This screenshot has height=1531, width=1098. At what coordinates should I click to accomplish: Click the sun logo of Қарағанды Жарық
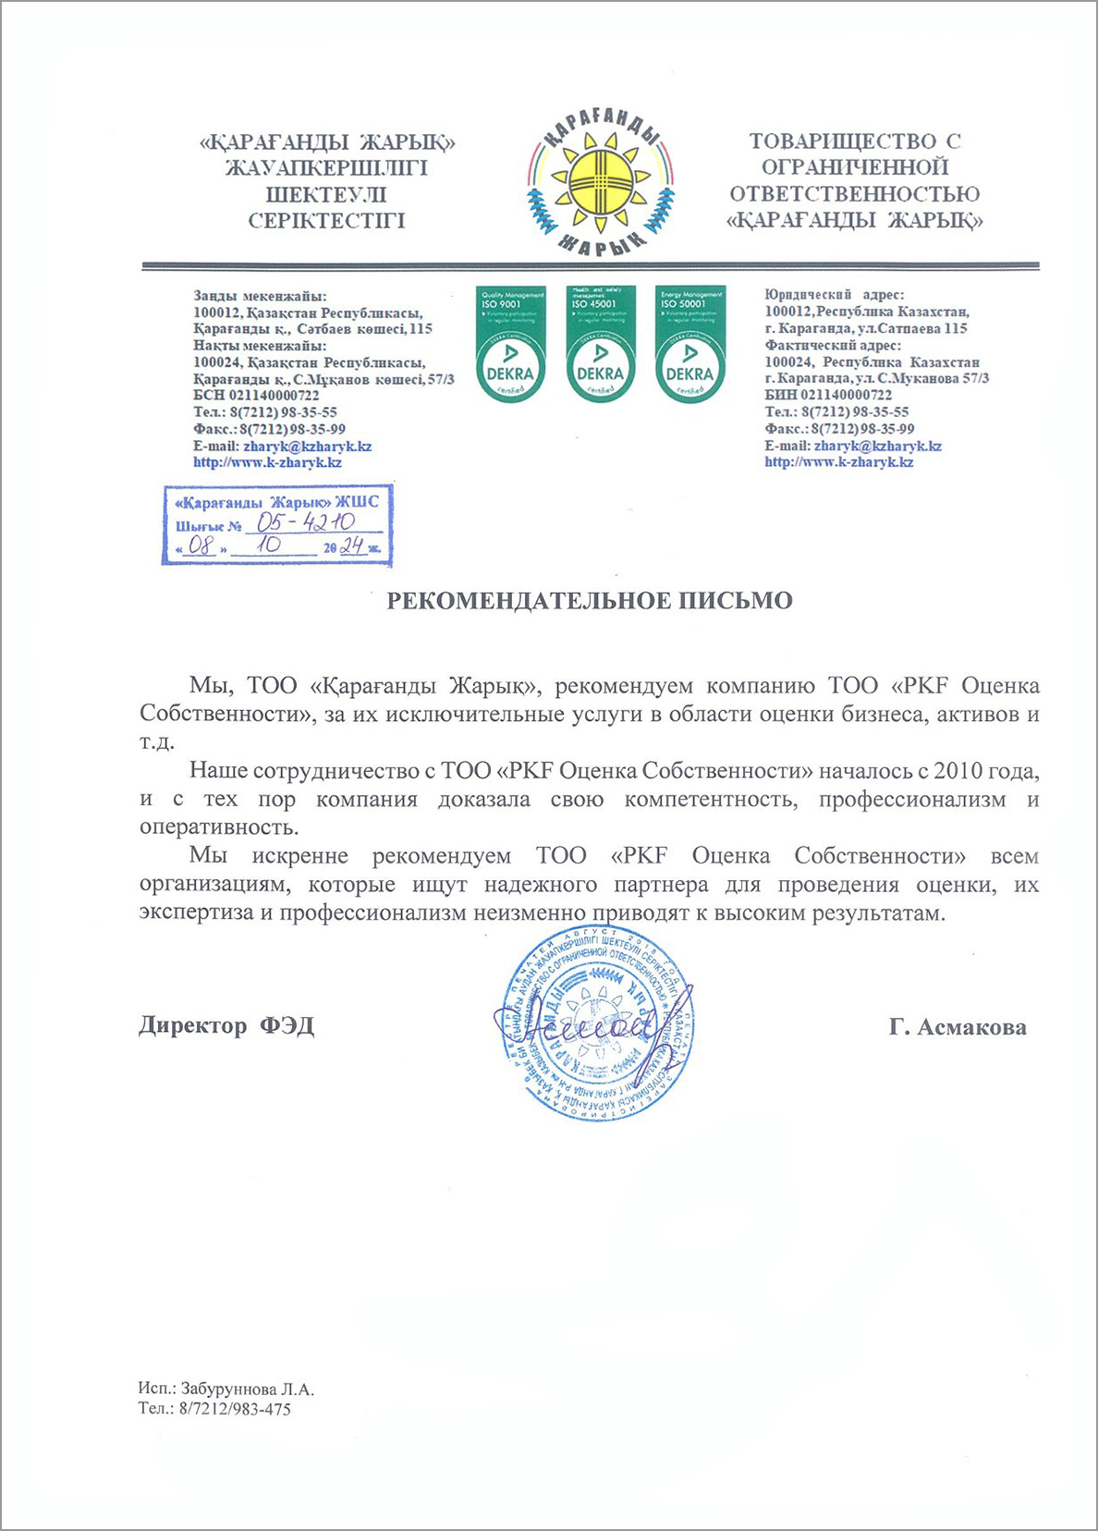600,183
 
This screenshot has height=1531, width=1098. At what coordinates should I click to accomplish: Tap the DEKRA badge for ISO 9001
511,344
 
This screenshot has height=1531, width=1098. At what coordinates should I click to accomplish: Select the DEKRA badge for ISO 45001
600,344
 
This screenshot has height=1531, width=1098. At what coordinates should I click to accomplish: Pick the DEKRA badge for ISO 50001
689,344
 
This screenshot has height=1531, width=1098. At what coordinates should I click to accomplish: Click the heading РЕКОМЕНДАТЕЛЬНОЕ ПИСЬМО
589,601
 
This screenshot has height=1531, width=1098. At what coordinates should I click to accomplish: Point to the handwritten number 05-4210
306,523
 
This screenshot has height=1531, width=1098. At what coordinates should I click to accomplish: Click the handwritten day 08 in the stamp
201,545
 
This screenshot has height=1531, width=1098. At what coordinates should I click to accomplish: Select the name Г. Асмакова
958,1027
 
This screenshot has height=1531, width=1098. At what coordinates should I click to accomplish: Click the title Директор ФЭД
226,1025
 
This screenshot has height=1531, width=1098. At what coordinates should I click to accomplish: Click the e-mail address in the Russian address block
877,446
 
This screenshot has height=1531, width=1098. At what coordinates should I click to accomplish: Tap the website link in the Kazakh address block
267,462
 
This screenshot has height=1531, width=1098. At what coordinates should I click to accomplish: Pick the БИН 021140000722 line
828,395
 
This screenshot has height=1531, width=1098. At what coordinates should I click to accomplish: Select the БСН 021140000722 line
256,395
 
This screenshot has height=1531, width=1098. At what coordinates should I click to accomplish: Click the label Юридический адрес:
834,295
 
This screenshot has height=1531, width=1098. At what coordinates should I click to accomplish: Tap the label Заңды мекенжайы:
259,296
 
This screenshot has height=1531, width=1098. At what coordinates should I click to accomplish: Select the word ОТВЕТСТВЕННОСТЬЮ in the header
854,194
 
